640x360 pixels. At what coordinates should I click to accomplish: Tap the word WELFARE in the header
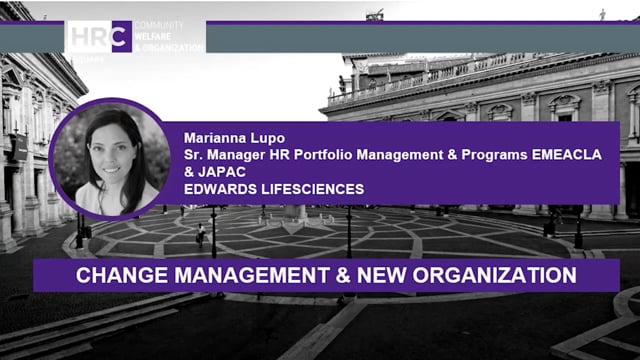[151, 38]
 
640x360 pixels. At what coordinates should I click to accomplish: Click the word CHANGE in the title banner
[112, 274]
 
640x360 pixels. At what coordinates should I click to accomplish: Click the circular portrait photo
[112, 158]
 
